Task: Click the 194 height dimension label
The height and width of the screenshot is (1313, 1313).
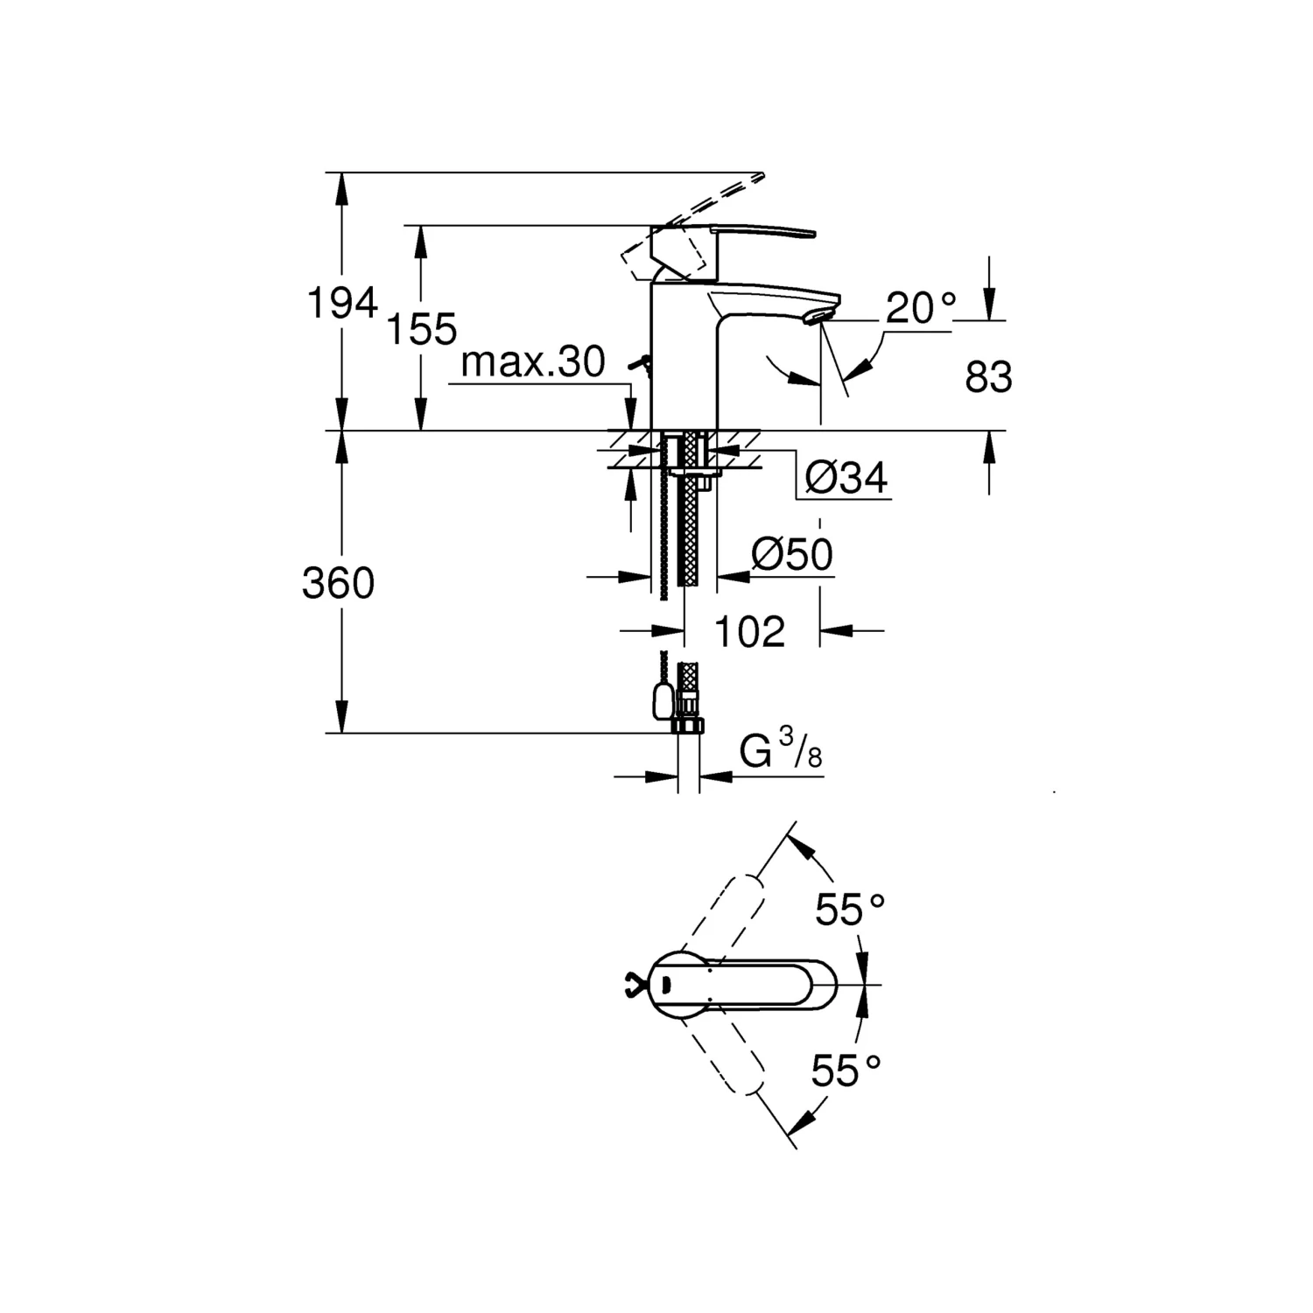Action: (x=342, y=303)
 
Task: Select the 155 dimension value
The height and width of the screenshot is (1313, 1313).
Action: (x=422, y=330)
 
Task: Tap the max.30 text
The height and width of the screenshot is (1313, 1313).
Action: (x=533, y=362)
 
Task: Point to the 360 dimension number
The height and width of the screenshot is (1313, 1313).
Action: (x=339, y=583)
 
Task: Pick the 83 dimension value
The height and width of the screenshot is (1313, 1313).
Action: (x=989, y=377)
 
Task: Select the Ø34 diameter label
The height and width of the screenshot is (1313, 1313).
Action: (x=846, y=477)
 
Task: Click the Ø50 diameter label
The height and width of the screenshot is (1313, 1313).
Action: (x=792, y=554)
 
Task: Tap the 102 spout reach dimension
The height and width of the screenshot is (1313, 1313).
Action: (x=750, y=631)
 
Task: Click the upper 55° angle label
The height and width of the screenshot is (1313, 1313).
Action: (x=850, y=910)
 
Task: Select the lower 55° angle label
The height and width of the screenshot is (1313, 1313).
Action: (x=846, y=1070)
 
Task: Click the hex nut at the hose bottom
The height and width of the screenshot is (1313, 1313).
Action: (x=688, y=726)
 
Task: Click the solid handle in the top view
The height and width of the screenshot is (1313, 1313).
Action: (x=745, y=985)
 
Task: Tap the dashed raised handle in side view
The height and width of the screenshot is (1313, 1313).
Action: (x=692, y=224)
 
